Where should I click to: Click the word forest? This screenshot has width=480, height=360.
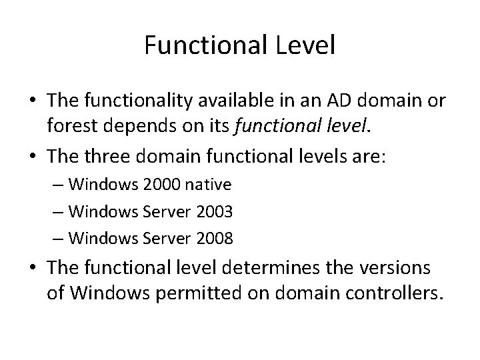(69, 127)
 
